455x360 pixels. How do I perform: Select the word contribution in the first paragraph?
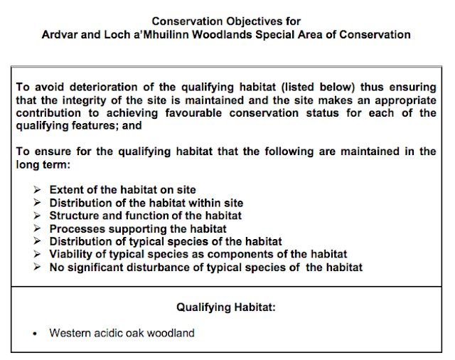[48, 113]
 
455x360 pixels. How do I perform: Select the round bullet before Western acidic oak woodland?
[34, 333]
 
